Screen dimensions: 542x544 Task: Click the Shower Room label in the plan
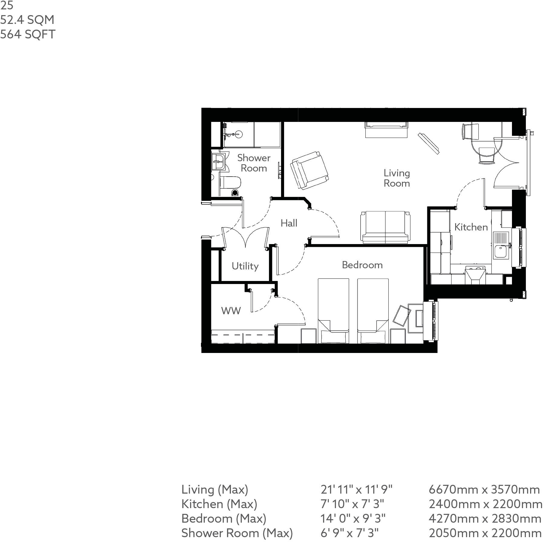[254, 163]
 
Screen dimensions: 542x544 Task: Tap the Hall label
[289, 223]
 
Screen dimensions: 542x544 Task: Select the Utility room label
[245, 266]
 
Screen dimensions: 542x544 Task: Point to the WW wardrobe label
[231, 311]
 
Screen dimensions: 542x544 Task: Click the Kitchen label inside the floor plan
[471, 227]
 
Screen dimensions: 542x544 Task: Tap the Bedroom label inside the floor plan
[362, 265]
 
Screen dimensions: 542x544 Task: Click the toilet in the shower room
[230, 183]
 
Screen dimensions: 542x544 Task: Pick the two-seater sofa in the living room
[385, 227]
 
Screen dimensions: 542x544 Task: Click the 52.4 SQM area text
[27, 20]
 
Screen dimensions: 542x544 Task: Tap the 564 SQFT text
[28, 34]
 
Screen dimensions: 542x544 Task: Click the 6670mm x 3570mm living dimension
[484, 489]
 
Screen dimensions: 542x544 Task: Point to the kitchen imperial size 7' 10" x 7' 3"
[352, 504]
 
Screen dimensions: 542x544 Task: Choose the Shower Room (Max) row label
[237, 533]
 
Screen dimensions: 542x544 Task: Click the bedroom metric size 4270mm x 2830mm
[484, 518]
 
